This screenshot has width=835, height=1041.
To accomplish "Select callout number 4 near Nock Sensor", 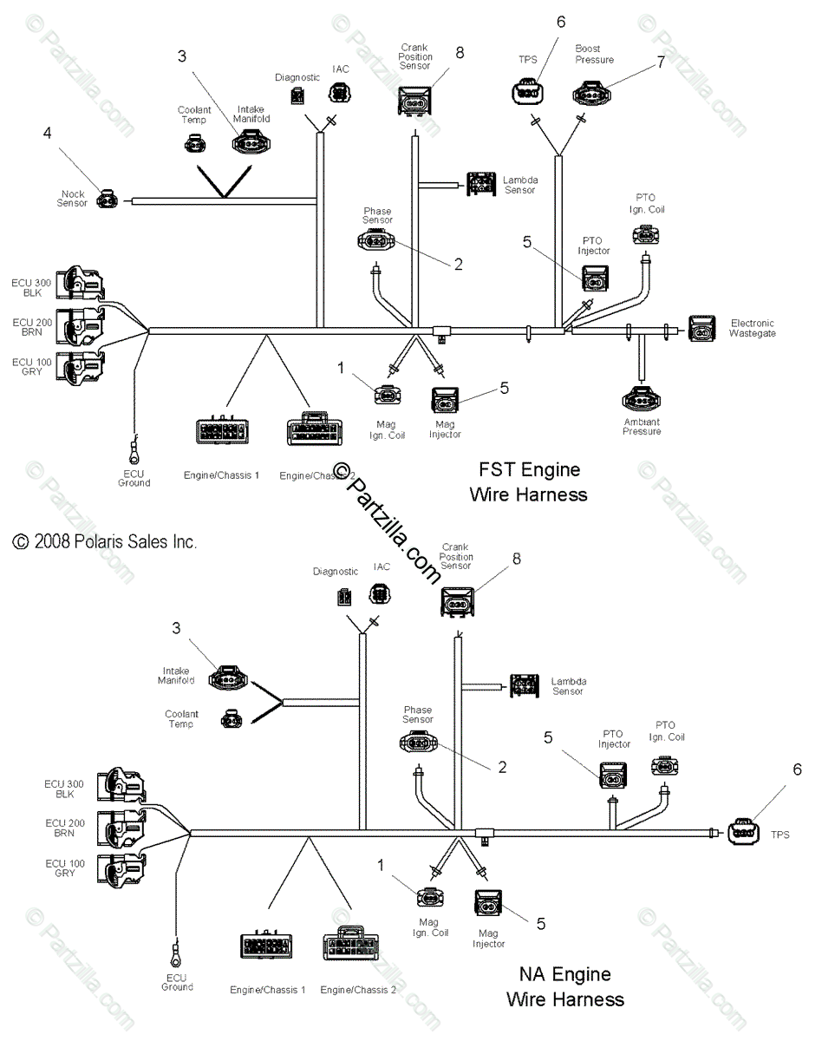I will click(x=47, y=133).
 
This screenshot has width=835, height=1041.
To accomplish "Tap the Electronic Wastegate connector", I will click(x=702, y=329).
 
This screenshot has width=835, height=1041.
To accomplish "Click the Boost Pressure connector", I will click(x=590, y=92).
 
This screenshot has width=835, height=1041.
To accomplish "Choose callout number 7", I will click(x=661, y=62).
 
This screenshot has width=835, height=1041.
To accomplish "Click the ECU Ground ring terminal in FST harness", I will click(x=135, y=451).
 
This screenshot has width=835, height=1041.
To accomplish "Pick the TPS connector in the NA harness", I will click(x=743, y=832).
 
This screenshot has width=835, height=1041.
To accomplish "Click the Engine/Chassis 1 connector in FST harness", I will click(x=220, y=431).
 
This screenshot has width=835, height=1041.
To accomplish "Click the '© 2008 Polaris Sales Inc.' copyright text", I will click(x=105, y=542).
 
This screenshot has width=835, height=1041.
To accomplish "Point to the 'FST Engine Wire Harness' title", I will click(x=529, y=481).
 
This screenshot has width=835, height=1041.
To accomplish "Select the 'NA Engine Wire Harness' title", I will click(x=565, y=987).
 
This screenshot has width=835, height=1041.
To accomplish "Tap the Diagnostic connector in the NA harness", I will click(x=345, y=597).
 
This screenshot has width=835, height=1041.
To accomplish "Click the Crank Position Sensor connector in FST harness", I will click(x=414, y=102).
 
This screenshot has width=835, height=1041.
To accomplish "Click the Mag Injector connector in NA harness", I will click(x=487, y=905).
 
